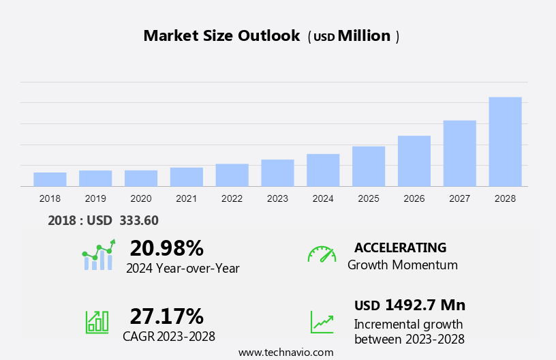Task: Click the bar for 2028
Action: (x=505, y=142)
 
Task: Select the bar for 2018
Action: (x=50, y=179)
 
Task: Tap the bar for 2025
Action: (x=369, y=166)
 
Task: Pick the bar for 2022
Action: (x=232, y=175)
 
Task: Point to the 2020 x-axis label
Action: (x=141, y=198)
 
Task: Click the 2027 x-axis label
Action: (x=460, y=198)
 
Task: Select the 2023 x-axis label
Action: (x=277, y=198)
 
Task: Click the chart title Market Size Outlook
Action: (x=221, y=36)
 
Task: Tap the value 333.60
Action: (x=139, y=220)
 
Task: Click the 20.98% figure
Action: (x=166, y=247)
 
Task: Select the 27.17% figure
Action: (x=166, y=316)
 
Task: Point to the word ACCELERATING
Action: (x=400, y=247)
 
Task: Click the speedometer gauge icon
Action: (x=322, y=254)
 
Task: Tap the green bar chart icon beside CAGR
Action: (x=97, y=322)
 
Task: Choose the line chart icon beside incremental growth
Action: (x=322, y=322)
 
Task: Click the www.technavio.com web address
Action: (x=285, y=352)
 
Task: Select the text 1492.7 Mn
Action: (x=424, y=305)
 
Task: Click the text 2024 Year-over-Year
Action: (x=183, y=269)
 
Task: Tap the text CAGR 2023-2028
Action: (x=169, y=336)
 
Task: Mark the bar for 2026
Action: (x=414, y=161)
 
